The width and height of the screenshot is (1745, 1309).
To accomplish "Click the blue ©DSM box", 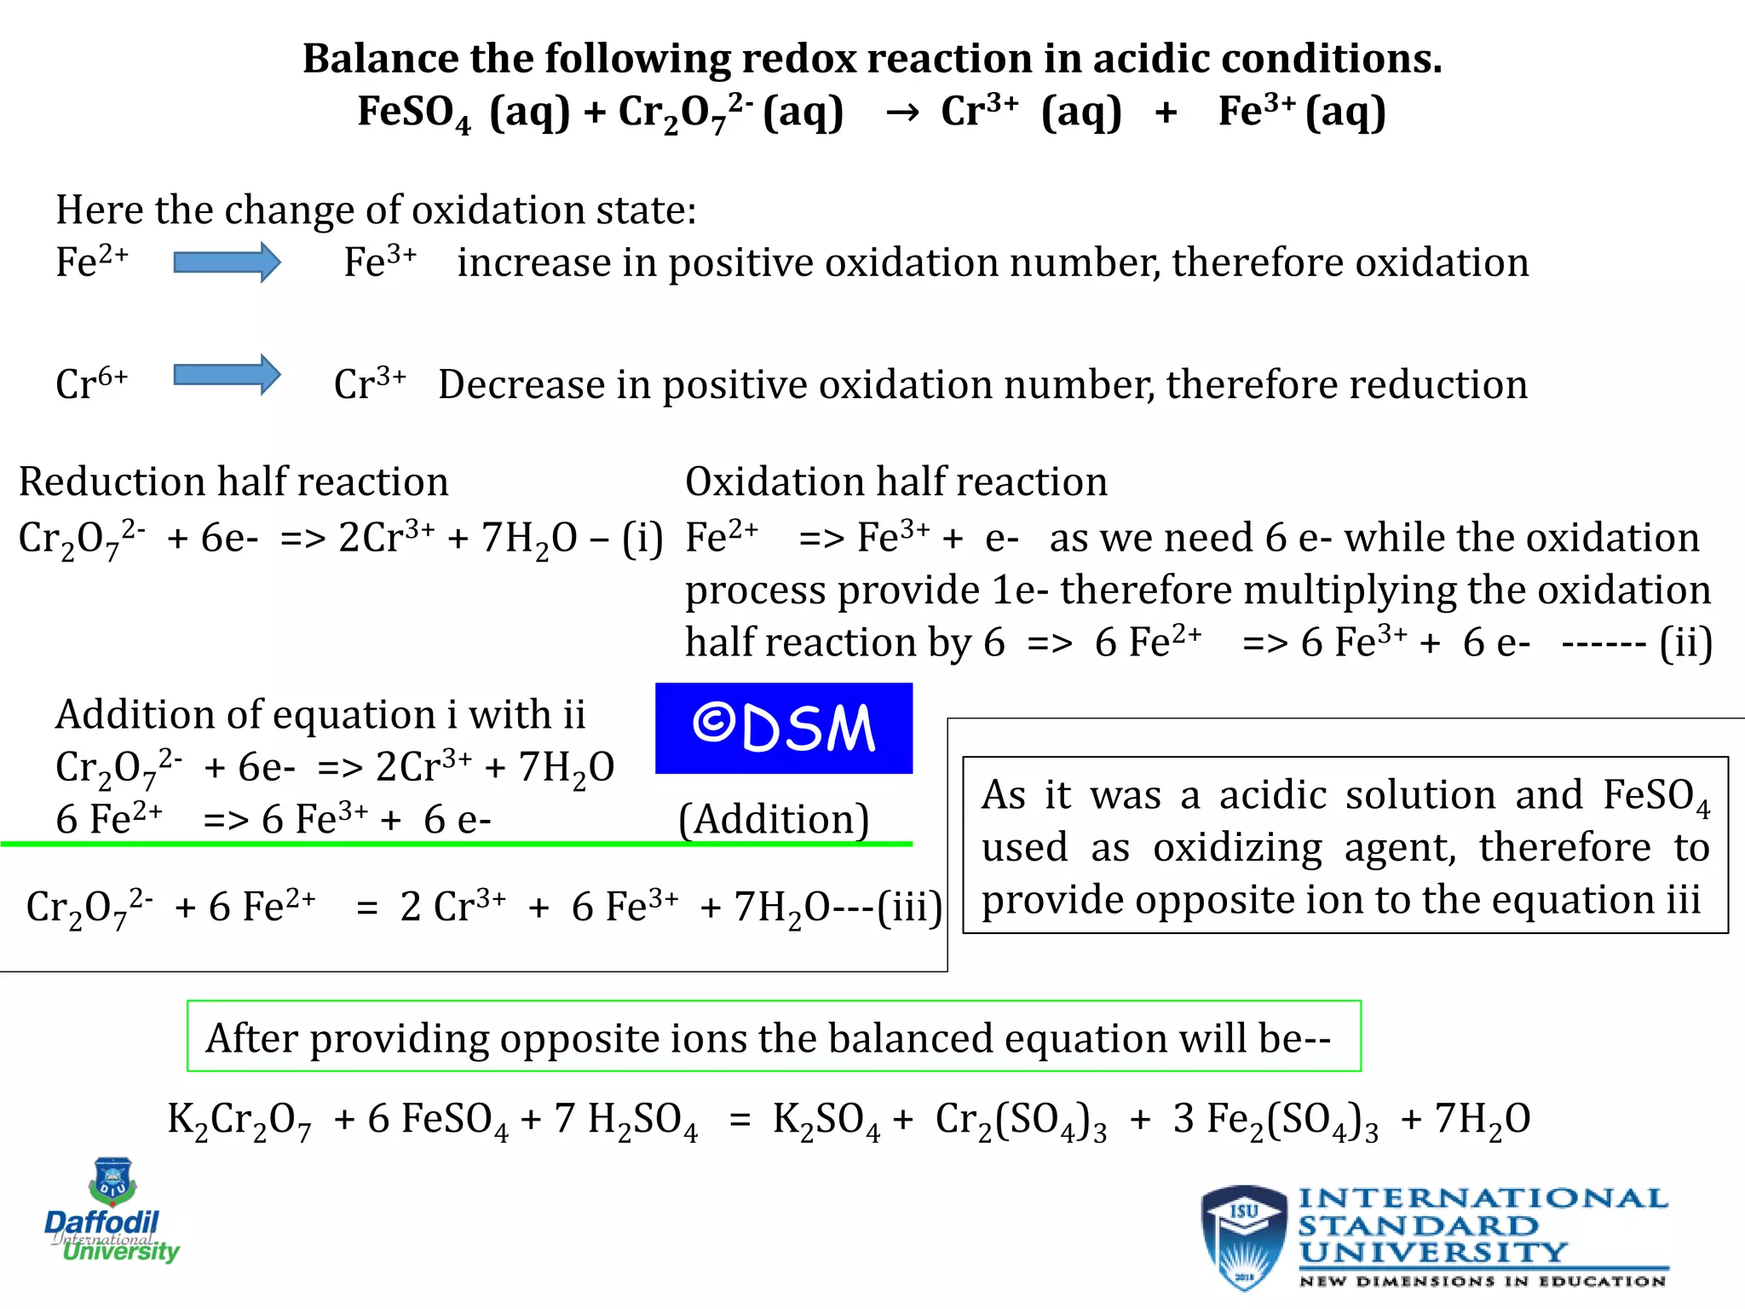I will [x=783, y=728].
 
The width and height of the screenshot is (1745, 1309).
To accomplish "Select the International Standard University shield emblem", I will [x=1243, y=1236].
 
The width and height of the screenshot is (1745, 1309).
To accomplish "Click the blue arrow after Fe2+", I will [x=227, y=262].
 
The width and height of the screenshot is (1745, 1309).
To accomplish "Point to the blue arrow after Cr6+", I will [x=227, y=375].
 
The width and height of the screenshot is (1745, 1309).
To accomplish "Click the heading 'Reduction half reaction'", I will [x=233, y=482].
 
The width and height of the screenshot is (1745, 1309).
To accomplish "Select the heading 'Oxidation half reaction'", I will [x=896, y=482].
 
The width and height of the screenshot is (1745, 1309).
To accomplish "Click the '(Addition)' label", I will [x=774, y=819].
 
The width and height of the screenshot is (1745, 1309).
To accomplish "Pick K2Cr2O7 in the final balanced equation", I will [x=239, y=1120].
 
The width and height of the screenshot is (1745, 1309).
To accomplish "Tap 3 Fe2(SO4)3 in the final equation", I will [x=1275, y=1120].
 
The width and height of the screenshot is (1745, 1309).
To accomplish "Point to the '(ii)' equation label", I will [x=1685, y=643].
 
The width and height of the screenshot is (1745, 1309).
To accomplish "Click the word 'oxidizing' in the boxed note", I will [x=1237, y=848].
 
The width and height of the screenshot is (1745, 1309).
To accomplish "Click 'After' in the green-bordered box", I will [x=251, y=1038].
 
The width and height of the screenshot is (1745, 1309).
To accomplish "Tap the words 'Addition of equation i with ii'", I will [x=320, y=714].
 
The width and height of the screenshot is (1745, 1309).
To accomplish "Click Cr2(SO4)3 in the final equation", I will [x=1021, y=1120].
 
